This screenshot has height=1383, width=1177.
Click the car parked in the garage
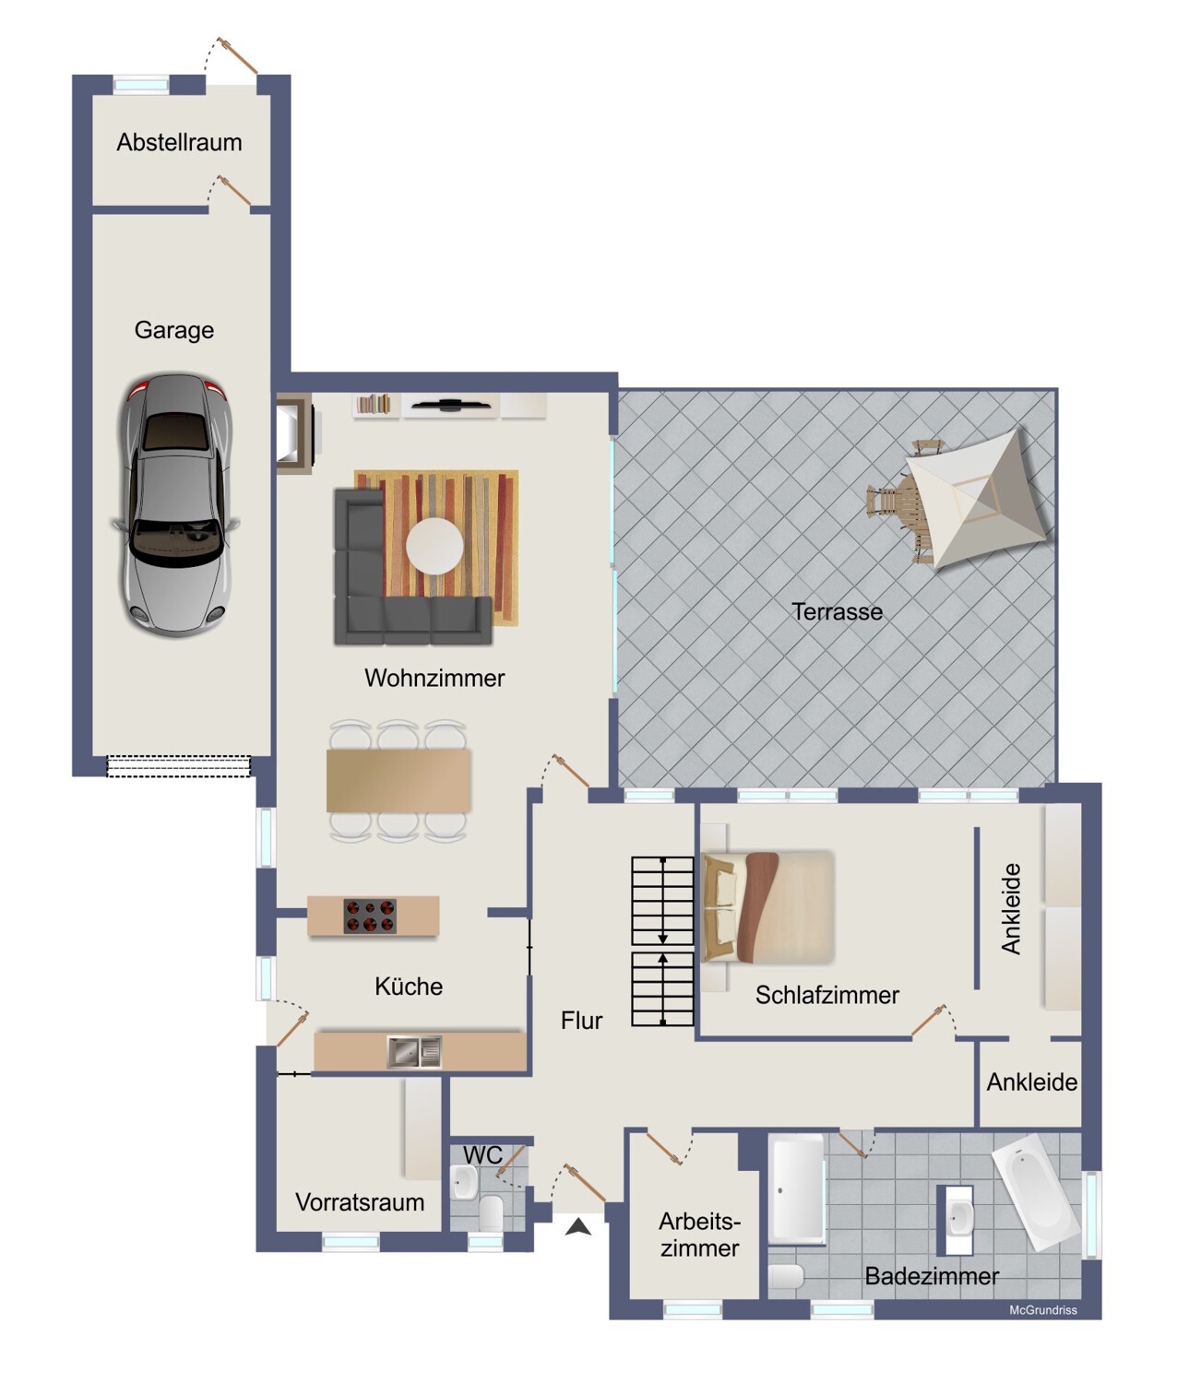pos(173,505)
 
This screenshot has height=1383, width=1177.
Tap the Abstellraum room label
pos(179,143)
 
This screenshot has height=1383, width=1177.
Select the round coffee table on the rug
pos(434,545)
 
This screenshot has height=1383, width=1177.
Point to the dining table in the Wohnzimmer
pos(398,780)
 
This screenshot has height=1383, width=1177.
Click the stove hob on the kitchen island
pos(370,916)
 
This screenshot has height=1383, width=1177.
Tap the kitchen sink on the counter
pos(414,1052)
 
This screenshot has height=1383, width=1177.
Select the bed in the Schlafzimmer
pos(768,906)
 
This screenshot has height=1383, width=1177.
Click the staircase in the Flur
pos(662,941)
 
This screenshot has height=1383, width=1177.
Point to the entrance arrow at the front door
pos(578,1226)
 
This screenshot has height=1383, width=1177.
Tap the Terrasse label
pos(837,612)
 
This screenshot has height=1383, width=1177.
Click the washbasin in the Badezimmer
pos(959,1219)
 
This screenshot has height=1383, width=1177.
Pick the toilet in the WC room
pos(492,1212)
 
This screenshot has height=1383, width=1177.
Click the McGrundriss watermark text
pos(1042,1310)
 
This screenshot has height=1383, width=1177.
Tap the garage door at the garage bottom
pos(179,766)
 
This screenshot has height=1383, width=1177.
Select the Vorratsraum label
pos(360,1202)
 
